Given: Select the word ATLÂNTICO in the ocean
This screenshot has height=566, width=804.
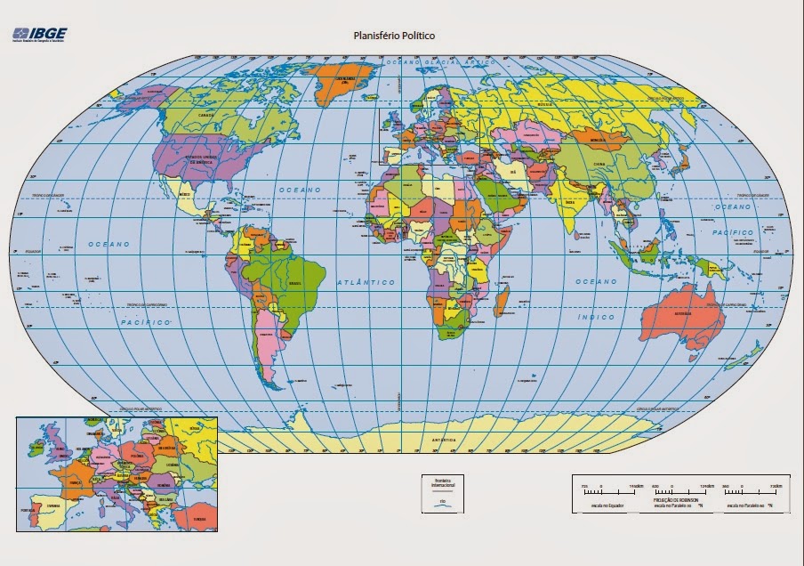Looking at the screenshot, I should tap(366, 282).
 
